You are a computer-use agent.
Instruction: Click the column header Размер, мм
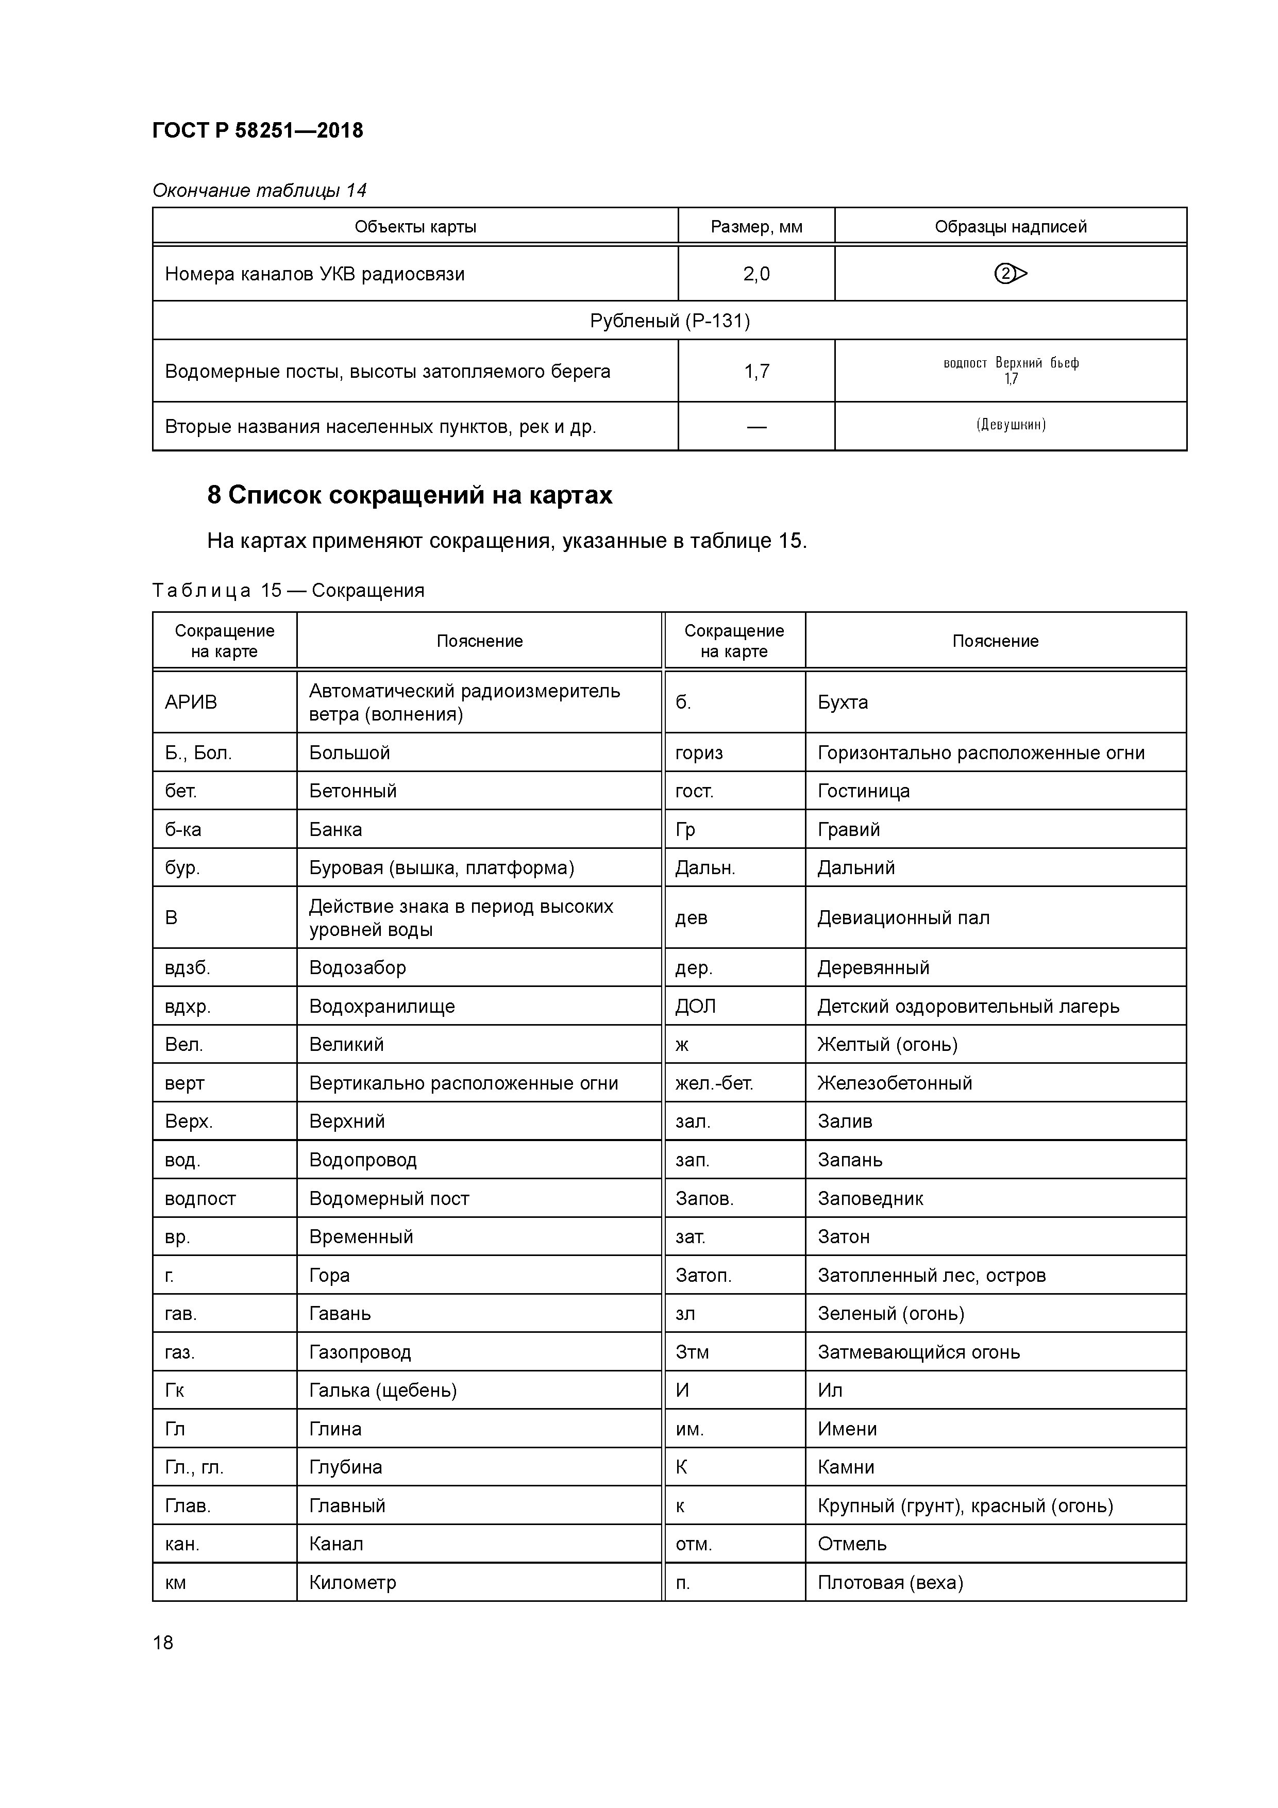[756, 227]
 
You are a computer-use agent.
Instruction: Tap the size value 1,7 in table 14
[756, 371]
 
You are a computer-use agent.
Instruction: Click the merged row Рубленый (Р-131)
[669, 321]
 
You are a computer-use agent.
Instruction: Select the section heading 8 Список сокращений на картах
[410, 495]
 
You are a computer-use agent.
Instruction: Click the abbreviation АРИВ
[191, 702]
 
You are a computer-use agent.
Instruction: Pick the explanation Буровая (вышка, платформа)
[441, 868]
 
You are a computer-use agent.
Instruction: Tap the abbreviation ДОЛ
[695, 1007]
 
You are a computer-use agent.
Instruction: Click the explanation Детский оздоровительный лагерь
[968, 1007]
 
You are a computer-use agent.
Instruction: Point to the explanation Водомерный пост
[389, 1198]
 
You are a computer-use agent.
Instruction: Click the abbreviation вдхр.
[188, 1007]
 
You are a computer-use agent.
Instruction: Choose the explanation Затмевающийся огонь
[918, 1352]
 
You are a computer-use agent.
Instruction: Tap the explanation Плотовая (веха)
[890, 1583]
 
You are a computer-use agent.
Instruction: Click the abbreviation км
[176, 1583]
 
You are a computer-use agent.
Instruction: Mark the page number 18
[163, 1643]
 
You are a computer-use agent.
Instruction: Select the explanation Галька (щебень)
[383, 1391]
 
